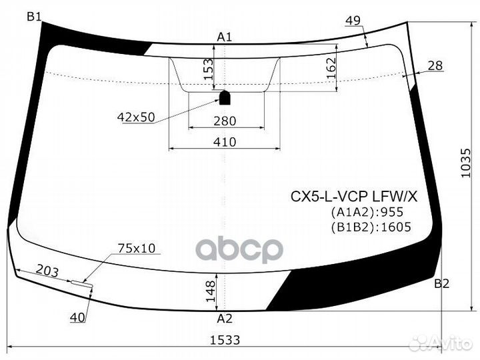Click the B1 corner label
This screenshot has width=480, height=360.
(x=34, y=17)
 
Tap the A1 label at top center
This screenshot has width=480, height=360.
(x=225, y=37)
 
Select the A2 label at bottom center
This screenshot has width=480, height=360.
(x=225, y=319)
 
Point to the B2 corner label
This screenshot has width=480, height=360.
(x=441, y=284)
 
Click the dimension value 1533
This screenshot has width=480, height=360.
(x=226, y=339)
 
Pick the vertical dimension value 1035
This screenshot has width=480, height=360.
(x=466, y=161)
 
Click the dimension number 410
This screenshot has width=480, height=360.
(x=225, y=141)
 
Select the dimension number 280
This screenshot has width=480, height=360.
(x=225, y=121)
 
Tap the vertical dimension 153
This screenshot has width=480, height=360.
(x=209, y=68)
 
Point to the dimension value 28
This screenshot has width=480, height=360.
(x=435, y=65)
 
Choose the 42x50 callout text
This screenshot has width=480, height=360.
(x=135, y=117)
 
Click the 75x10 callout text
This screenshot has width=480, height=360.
(x=136, y=249)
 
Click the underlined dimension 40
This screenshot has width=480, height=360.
(x=78, y=318)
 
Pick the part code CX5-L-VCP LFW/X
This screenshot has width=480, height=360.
(x=353, y=197)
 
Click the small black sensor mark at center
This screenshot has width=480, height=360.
(x=225, y=97)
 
